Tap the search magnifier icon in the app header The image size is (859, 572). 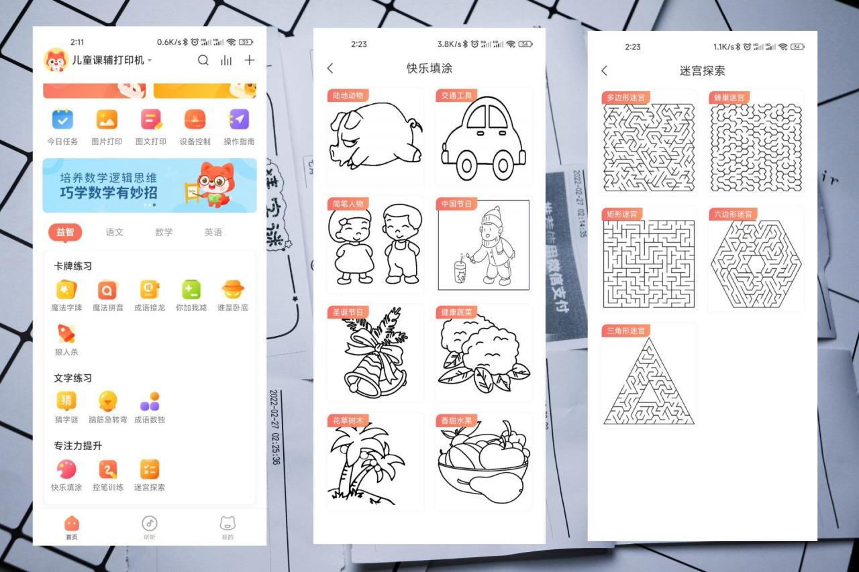pos(203,60)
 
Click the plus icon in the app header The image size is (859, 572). pos(249,60)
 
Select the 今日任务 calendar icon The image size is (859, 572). pos(62,119)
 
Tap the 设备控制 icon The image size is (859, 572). pos(195,119)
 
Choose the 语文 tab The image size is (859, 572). pos(115,232)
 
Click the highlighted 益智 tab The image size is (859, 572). pos(65,232)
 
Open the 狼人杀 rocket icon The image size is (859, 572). pos(66,333)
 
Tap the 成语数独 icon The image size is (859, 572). pos(149,401)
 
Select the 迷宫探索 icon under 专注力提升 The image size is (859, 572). pos(149,469)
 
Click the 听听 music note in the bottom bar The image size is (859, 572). pos(150,523)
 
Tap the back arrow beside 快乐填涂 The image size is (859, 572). pos(330,68)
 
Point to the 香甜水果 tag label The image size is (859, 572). pos(456,420)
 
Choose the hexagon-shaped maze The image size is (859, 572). pos(756,264)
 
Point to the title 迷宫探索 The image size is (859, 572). pos(702,70)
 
